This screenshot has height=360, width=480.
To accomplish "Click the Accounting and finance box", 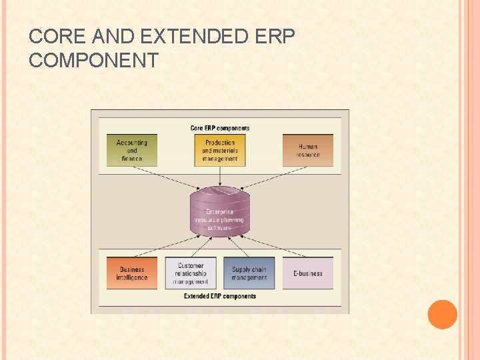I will click(132, 151).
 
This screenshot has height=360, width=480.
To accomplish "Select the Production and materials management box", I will click(220, 151).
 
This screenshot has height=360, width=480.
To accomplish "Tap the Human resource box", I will click(307, 151).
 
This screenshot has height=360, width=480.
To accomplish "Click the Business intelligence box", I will click(132, 273).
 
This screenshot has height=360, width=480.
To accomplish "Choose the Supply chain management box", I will click(249, 273).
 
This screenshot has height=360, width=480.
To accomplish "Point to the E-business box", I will click(307, 273).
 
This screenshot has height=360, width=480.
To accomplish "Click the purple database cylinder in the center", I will click(220, 212).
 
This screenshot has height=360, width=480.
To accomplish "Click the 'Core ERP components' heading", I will click(220, 128).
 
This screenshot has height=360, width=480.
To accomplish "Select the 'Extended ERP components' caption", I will click(220, 296).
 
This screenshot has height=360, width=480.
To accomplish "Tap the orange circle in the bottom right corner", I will click(442, 315).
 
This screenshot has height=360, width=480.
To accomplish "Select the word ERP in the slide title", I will click(275, 37).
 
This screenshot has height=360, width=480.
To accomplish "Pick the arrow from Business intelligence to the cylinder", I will click(167, 244).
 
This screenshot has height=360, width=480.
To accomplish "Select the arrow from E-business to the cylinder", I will click(273, 244).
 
